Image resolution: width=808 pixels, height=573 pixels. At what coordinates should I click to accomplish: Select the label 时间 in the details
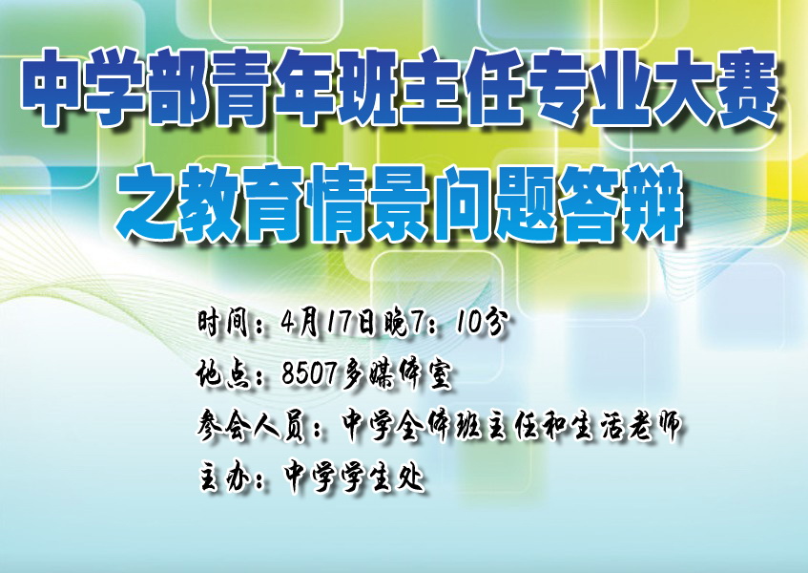tap(223, 323)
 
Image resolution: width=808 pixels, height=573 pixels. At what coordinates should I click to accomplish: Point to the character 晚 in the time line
tap(396, 323)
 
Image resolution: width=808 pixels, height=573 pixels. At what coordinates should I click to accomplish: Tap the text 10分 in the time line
tap(483, 323)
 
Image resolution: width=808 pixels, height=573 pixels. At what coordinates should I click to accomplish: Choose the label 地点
tap(223, 373)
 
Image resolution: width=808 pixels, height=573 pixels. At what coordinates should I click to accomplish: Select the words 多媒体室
tap(396, 373)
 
